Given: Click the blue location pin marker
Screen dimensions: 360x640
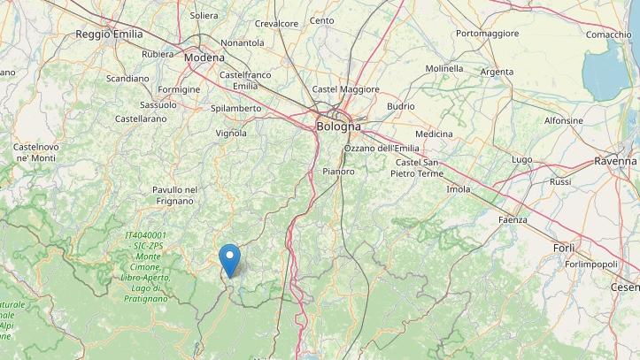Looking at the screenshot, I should (230, 259).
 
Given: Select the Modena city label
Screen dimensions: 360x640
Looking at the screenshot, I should (204, 57).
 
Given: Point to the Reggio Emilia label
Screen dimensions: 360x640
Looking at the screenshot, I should (110, 34).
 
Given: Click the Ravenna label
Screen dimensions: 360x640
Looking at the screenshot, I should (615, 162).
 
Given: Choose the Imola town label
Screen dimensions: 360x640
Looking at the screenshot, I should (459, 189).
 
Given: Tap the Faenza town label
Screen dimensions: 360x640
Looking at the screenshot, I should (513, 219).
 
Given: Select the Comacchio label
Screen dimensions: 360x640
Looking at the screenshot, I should (608, 34).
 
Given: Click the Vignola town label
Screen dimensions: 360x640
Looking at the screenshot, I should (231, 134).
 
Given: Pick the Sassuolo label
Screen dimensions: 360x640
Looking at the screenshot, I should (158, 104).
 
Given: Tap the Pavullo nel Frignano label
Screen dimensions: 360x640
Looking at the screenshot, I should (174, 195).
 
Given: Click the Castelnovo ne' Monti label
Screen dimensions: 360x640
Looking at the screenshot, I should (35, 152).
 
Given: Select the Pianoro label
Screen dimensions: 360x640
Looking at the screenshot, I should (338, 171).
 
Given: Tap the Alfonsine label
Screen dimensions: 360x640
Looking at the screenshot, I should (563, 120).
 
